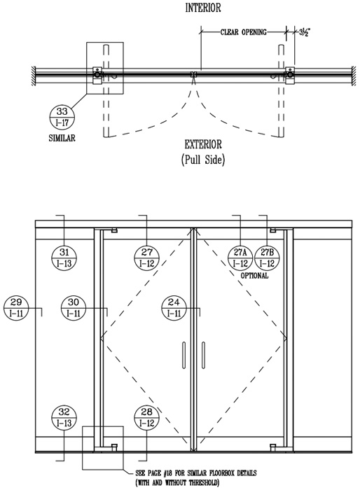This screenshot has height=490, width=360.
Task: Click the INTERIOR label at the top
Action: (x=203, y=8)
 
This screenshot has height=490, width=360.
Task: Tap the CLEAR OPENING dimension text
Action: (x=243, y=32)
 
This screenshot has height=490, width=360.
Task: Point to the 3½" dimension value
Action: (x=304, y=32)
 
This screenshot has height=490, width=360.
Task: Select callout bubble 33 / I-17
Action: (x=62, y=117)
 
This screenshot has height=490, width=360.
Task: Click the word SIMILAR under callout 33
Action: (x=62, y=138)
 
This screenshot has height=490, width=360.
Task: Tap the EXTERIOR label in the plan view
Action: (x=203, y=145)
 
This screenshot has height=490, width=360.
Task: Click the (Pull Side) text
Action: (x=203, y=160)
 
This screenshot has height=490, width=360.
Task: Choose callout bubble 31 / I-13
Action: (x=64, y=258)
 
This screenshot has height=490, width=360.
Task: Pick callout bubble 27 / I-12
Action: (x=146, y=258)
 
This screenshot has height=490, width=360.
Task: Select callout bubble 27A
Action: (x=240, y=258)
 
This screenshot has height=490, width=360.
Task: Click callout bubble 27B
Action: (x=267, y=258)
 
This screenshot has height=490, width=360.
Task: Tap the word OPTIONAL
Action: (x=254, y=276)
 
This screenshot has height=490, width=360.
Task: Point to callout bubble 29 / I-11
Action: (x=16, y=308)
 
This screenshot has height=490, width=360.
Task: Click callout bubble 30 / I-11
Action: (x=74, y=308)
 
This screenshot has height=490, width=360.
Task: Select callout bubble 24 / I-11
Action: (x=174, y=308)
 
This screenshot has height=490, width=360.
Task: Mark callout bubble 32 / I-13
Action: (x=64, y=417)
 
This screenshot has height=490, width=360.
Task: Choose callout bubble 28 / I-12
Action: (x=146, y=417)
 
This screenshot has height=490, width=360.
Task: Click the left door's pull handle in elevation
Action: (x=184, y=355)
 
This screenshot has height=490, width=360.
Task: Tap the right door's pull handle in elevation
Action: (x=203, y=355)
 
